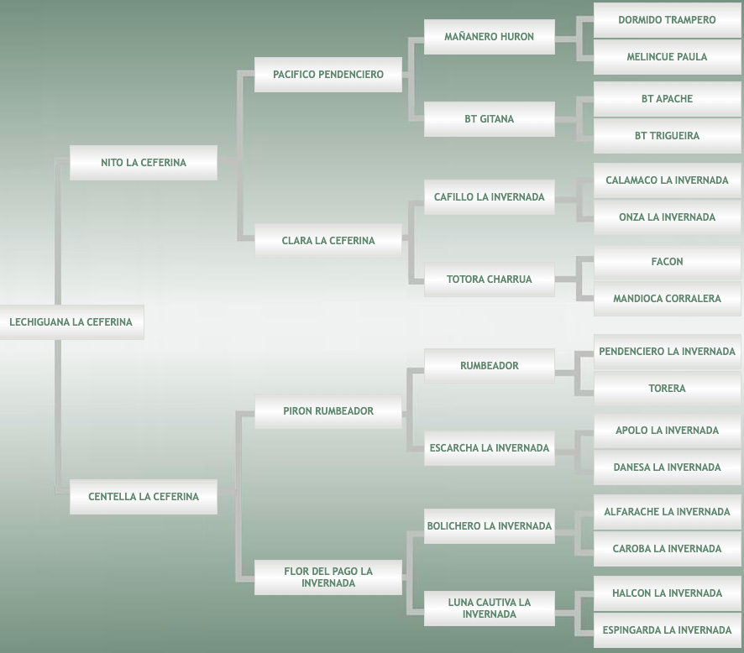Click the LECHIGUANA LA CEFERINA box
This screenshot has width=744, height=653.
71,322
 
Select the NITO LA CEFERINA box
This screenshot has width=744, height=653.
144,163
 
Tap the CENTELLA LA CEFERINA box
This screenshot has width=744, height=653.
144,497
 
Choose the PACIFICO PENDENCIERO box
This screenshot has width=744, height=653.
328,75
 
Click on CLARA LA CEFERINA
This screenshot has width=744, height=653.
328,241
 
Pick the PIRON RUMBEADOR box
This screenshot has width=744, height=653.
328,411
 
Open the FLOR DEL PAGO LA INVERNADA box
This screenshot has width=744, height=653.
328,577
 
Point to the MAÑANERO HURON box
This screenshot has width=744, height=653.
490,37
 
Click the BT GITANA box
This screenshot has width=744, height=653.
490,119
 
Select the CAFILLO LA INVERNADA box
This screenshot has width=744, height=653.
490,197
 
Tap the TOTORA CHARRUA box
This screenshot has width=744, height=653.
490,279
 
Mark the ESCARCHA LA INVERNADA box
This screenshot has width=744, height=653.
490,448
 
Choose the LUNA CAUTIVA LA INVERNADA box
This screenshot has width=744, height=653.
490,609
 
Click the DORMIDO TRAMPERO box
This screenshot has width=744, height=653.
668,20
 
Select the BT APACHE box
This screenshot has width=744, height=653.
668,99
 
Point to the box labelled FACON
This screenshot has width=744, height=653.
668,262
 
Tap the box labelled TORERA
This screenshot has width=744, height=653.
668,389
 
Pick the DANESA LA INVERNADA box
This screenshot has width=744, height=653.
668,468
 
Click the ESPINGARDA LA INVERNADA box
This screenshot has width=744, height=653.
668,630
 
